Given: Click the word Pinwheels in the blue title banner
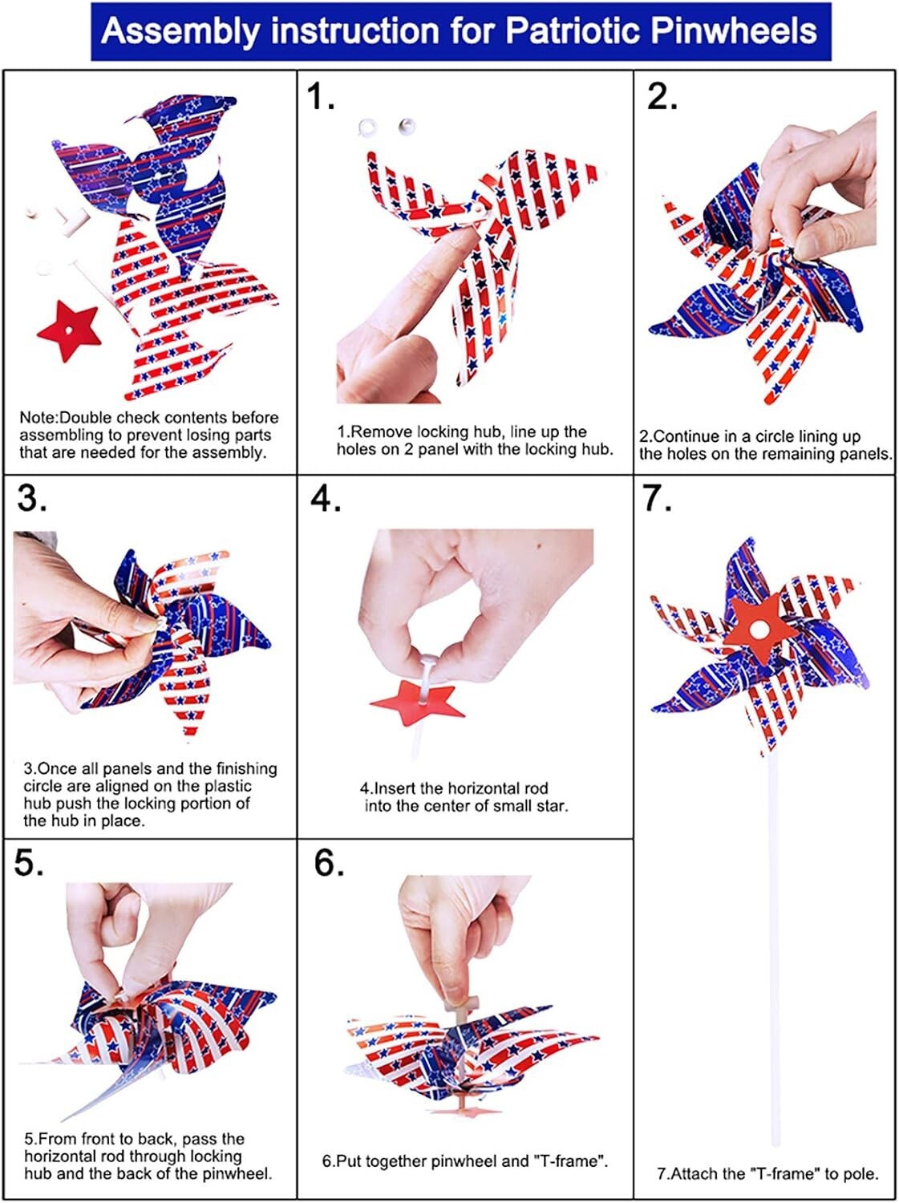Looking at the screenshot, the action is coord(735,30).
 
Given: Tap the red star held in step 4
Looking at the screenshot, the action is coord(418,703).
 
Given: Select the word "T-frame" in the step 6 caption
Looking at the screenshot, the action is coord(569,1161).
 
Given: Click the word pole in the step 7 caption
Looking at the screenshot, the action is coord(861,1174).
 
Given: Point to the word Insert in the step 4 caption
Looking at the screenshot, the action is coord(396,788).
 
